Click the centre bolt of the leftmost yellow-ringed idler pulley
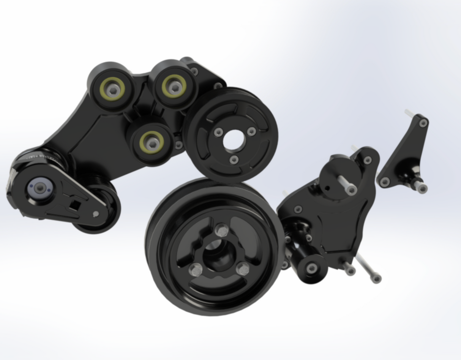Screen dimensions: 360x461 112,90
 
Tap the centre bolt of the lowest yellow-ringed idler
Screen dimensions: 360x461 152,143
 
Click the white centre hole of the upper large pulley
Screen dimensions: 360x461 233,140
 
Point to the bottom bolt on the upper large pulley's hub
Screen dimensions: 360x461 234,160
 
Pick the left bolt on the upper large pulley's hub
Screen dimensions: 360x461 218,132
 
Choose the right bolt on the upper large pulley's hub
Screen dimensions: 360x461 251,132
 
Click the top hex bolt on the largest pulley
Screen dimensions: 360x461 221,230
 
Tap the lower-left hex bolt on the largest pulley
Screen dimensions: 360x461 195,270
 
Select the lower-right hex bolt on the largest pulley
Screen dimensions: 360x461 243,269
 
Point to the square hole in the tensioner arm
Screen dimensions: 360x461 74,205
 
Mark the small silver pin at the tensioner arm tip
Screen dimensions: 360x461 96,214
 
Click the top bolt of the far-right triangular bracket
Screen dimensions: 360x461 423,123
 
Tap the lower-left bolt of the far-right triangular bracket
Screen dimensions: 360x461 385,182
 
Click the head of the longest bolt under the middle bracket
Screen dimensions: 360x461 376,279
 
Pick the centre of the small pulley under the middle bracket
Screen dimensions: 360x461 312,268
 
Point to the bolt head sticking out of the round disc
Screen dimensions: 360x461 351,189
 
